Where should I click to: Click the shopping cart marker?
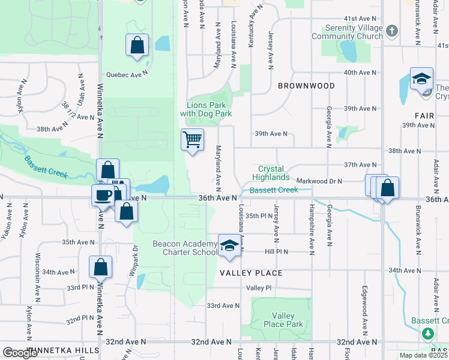pos(192,140)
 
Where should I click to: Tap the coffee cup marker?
pos(103,195)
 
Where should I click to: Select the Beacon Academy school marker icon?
pos(228,245)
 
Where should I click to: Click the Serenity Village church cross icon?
pos(391,30)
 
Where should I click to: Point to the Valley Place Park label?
pos(282,320)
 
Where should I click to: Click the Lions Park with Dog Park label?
pos(206,109)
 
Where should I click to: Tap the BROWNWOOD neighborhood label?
pos(306,86)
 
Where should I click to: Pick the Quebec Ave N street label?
pos(127,74)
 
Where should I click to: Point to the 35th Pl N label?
pos(260,215)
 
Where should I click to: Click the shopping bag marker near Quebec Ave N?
pos(137,45)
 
